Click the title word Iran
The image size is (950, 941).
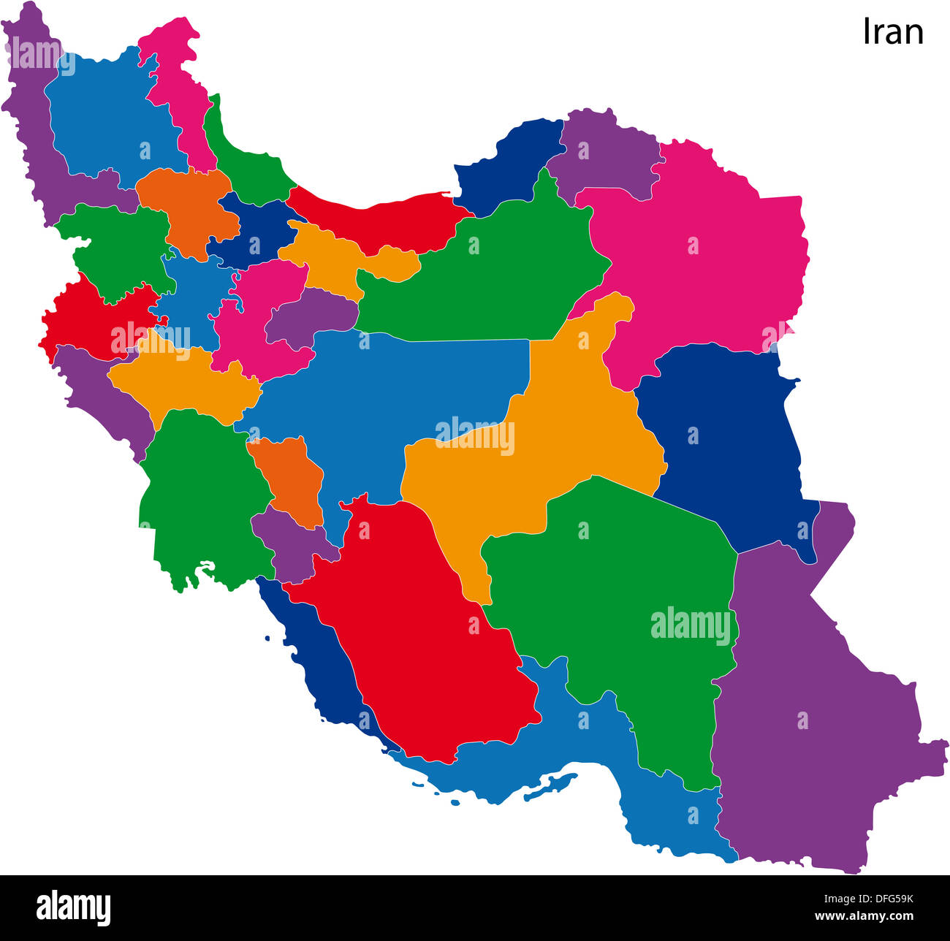click(x=893, y=31)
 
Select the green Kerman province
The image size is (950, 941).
click(x=621, y=584)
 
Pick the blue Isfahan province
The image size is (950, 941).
click(x=395, y=395)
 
